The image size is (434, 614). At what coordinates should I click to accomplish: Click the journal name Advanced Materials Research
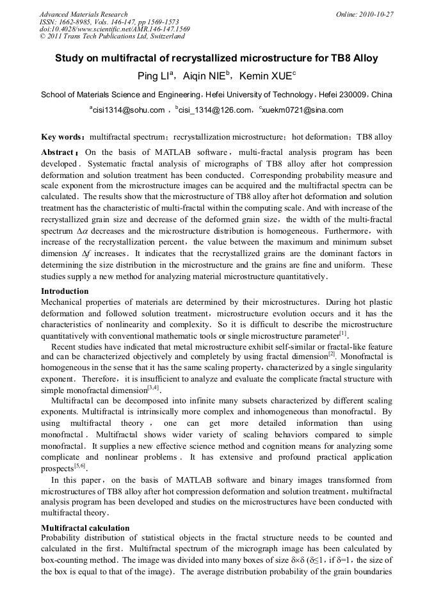tap(83, 14)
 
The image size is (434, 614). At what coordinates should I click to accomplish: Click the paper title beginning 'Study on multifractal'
tap(216, 58)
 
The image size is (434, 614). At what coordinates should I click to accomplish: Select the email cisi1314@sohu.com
tap(127, 111)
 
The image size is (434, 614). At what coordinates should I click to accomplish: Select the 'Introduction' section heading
tap(65, 291)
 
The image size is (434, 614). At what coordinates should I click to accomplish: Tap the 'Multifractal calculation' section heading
tap(85, 528)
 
